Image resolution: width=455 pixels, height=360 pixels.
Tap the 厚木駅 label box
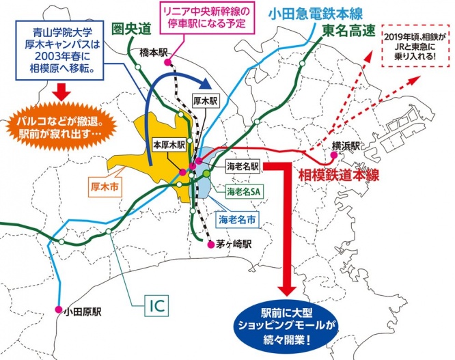(204, 100)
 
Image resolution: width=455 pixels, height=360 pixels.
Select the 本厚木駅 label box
(167, 146)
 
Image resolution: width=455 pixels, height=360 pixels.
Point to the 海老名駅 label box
(243, 166)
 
